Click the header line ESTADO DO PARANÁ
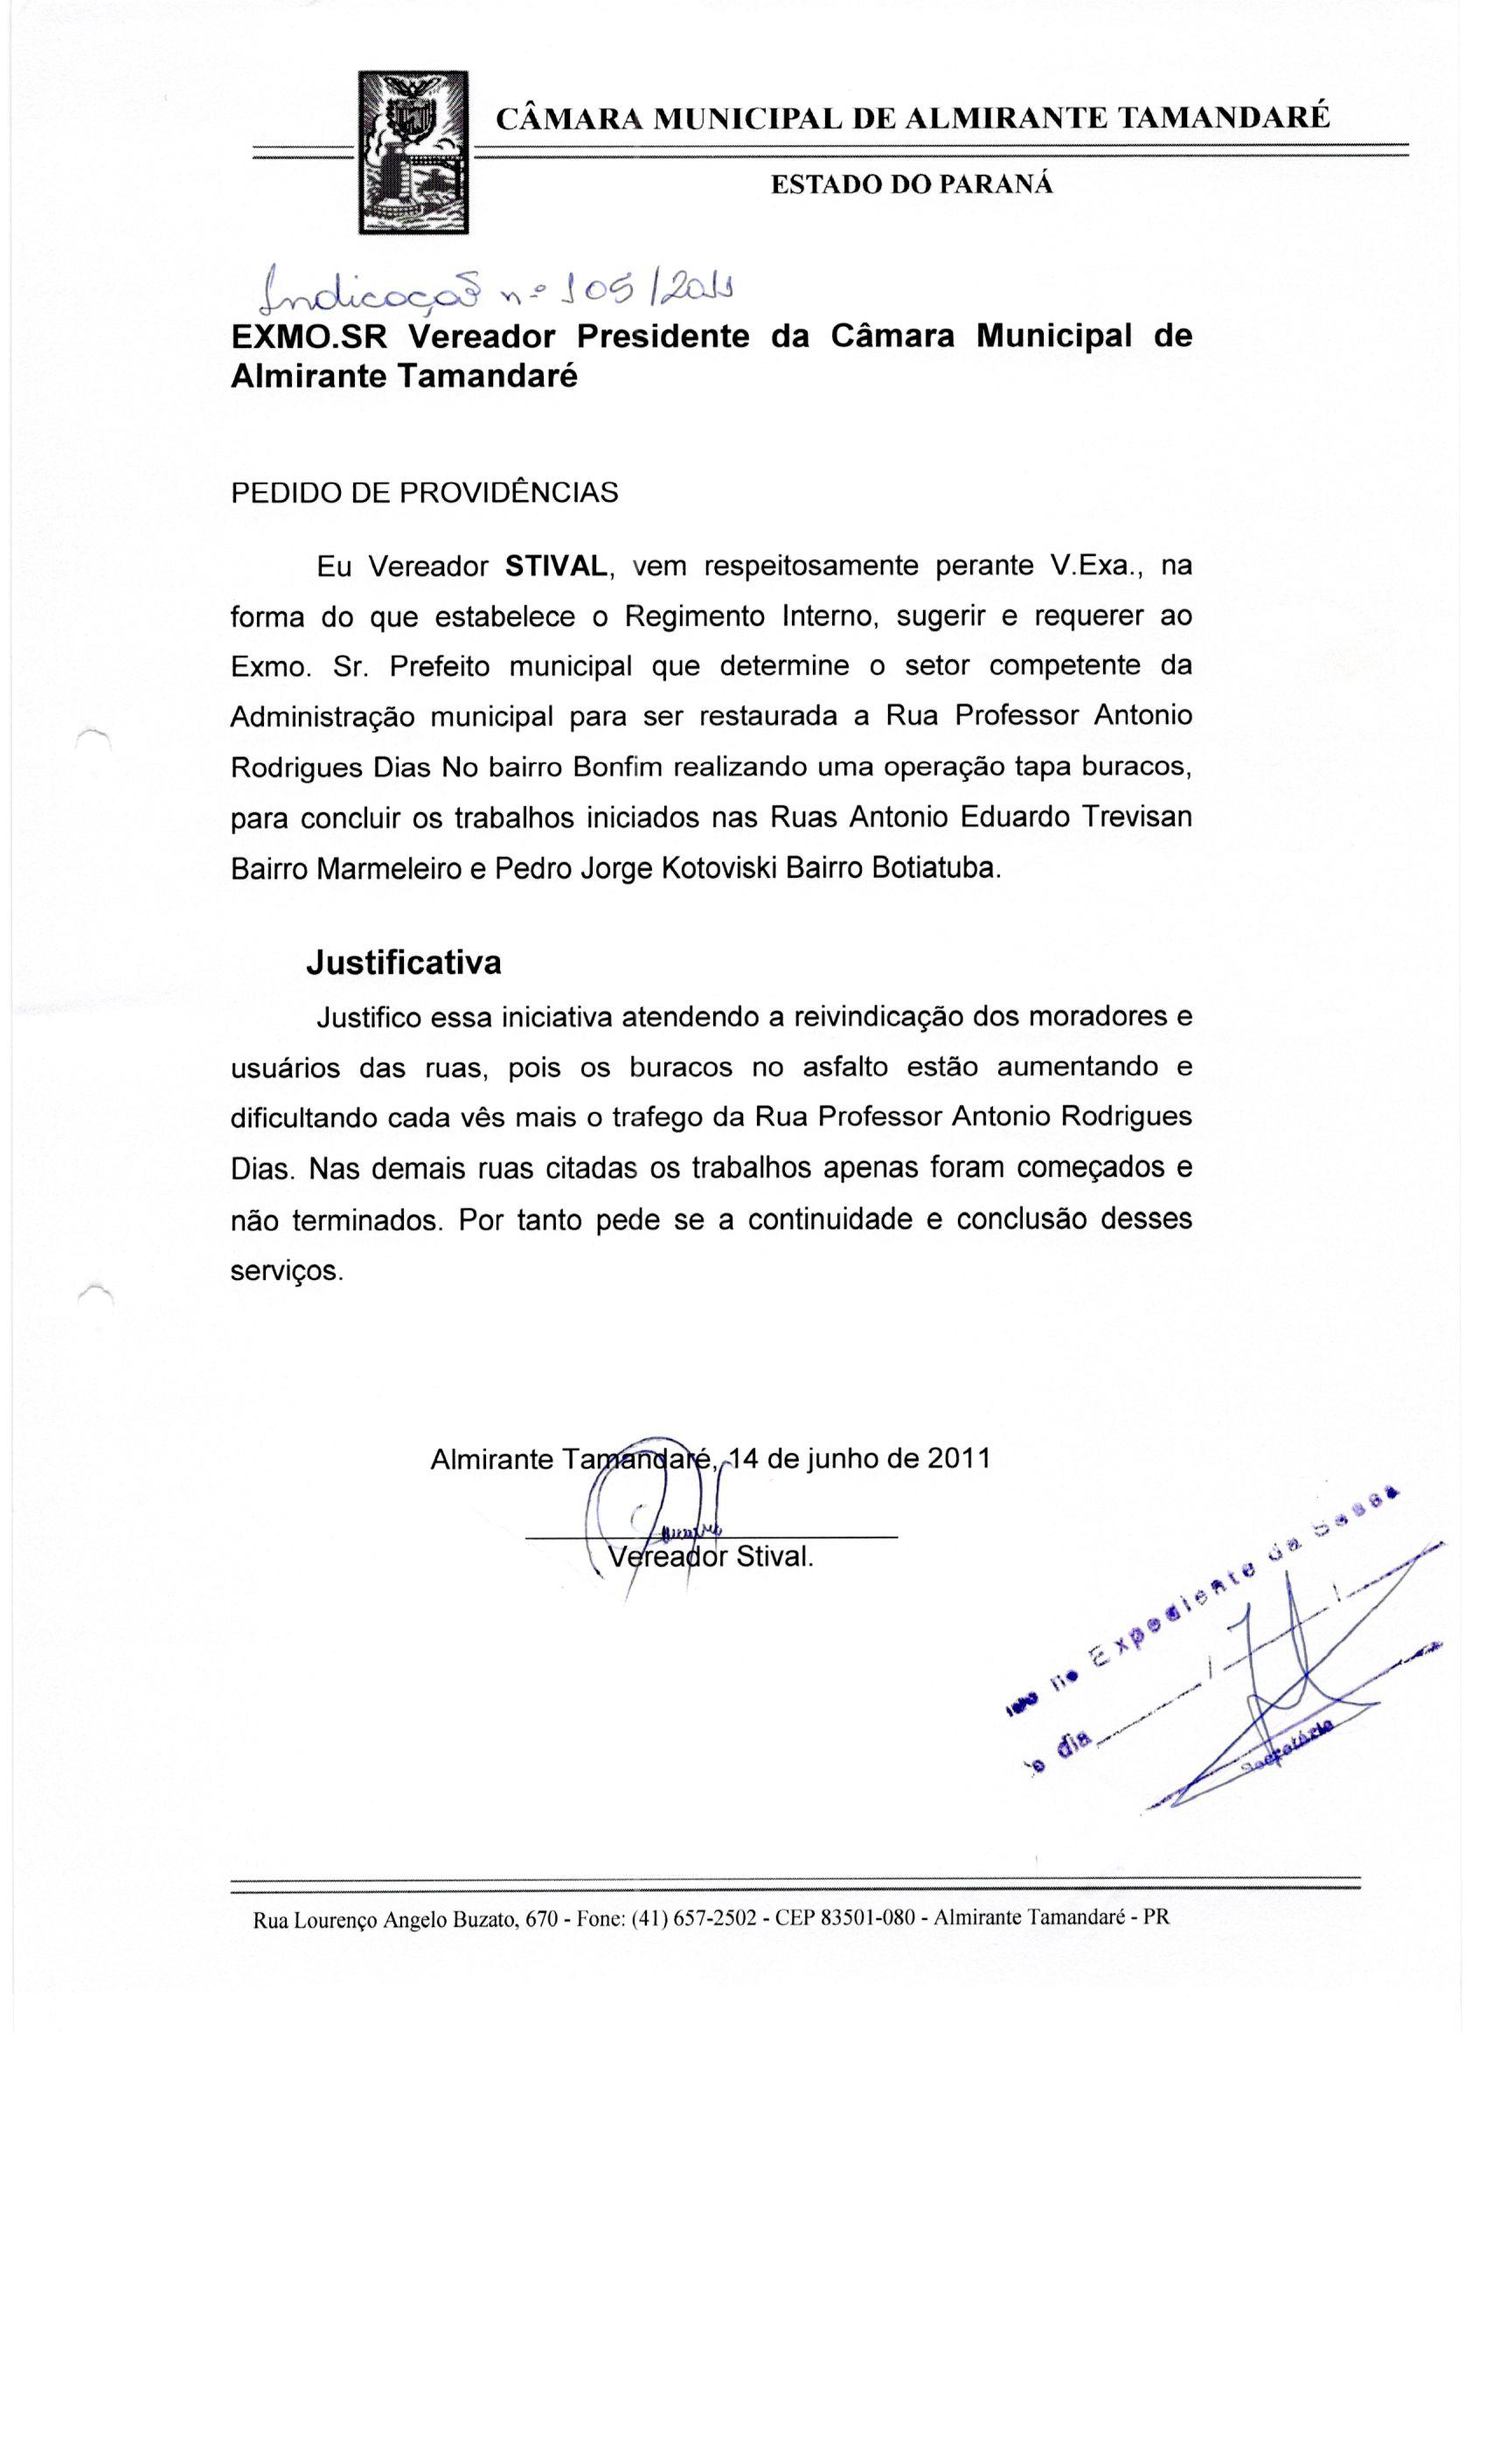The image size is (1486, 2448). [x=912, y=184]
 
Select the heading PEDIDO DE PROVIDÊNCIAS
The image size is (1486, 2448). [x=424, y=493]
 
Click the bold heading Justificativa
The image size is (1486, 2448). [x=403, y=963]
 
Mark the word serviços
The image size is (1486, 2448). [x=287, y=1270]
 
